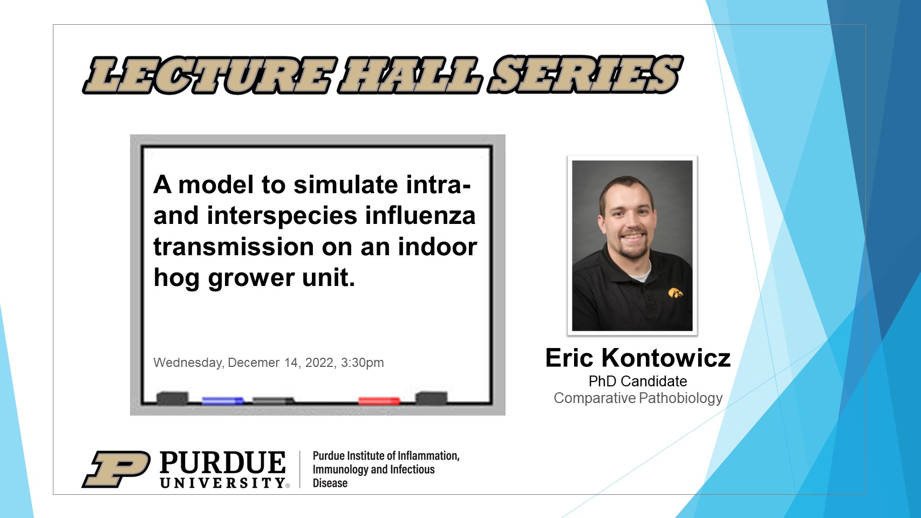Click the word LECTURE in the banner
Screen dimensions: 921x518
pos(210,75)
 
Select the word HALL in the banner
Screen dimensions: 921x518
pos(411,75)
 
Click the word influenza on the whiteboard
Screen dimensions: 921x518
pos(420,215)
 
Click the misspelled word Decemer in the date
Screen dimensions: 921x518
pos(254,363)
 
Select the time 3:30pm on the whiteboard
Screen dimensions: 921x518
pos(362,363)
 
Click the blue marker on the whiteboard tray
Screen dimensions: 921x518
pos(222,400)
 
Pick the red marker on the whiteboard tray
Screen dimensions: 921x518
pos(379,400)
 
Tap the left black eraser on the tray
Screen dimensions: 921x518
pos(173,398)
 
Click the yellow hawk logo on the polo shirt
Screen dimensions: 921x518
pos(676,292)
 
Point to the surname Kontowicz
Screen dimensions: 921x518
pos(666,358)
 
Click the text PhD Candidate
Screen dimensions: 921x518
pos(638,381)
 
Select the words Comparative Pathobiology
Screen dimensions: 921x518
pos(638,398)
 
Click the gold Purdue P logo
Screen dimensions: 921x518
pos(117,469)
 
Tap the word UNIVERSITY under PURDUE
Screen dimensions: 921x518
pos(223,482)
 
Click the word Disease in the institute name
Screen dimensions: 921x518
pos(330,483)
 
